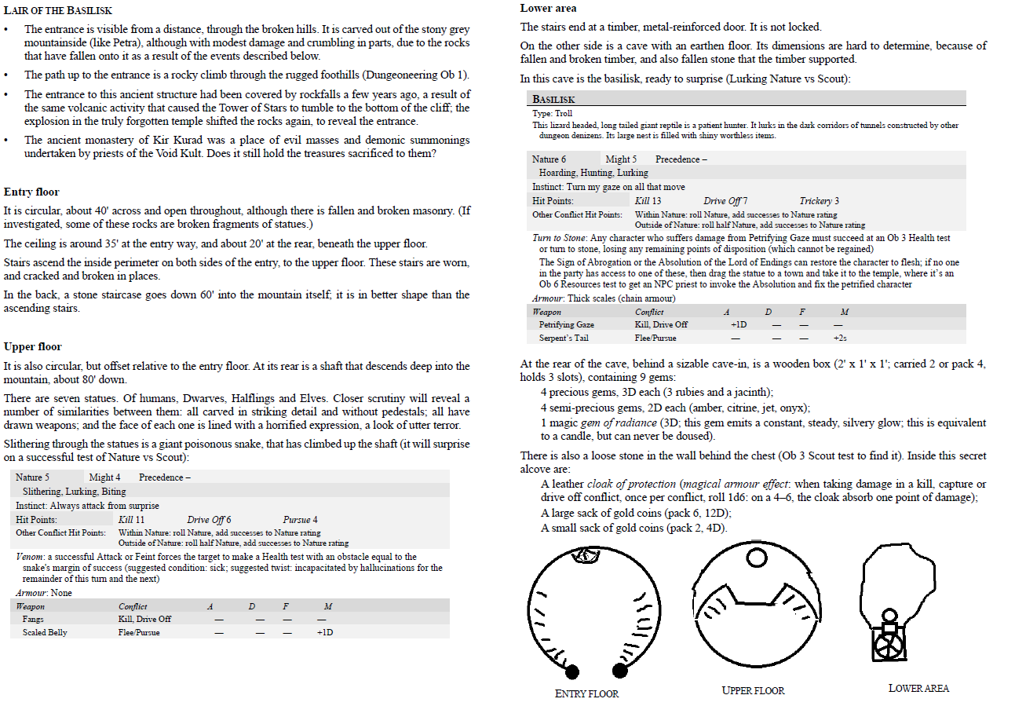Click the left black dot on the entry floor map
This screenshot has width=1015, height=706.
[x=572, y=671]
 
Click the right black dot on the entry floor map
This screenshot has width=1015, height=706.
[x=619, y=670]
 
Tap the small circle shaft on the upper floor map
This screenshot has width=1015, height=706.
[x=756, y=558]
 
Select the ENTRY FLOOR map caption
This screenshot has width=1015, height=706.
[x=586, y=693]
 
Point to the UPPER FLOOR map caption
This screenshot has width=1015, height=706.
[x=753, y=690]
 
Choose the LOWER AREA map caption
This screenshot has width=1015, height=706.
[x=918, y=688]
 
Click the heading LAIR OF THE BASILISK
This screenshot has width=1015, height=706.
[x=58, y=11]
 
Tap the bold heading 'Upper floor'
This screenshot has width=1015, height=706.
[x=32, y=346]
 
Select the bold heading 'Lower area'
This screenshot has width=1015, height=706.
[x=548, y=9]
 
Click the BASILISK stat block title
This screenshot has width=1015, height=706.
[x=553, y=100]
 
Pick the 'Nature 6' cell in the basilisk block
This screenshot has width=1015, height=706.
[x=549, y=159]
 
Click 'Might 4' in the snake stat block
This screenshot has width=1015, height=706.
[x=105, y=477]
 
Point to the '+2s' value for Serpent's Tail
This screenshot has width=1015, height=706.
[x=840, y=338]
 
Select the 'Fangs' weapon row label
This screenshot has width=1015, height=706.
[x=33, y=619]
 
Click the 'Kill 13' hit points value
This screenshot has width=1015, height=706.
[x=648, y=201]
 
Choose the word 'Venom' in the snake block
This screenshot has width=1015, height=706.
[x=29, y=557]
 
